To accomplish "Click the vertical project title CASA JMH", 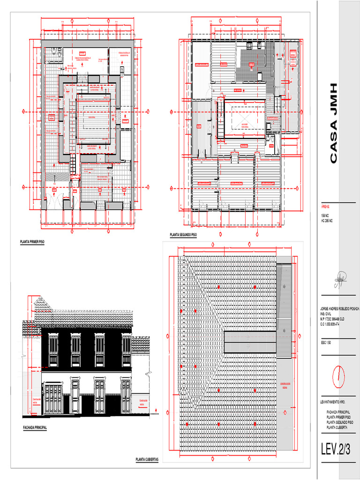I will click(x=333, y=123).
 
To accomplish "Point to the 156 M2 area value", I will click(x=325, y=215).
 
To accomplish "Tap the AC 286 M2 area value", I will click(x=327, y=220).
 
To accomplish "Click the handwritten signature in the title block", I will click(x=339, y=281).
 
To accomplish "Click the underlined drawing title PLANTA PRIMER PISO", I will click(x=32, y=242).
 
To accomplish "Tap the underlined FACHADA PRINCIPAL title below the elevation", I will click(x=35, y=427).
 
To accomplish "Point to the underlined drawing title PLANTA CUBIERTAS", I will click(x=147, y=460).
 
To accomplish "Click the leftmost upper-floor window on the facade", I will click(x=53, y=350).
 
